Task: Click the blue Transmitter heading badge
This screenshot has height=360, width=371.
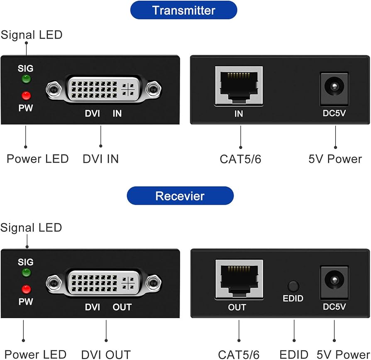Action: tap(183, 10)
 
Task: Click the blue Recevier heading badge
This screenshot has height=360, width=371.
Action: tap(180, 196)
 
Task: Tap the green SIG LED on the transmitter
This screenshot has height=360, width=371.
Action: tap(26, 79)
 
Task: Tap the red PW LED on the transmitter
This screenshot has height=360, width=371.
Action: tap(26, 96)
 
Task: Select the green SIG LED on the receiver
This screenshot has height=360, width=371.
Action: tap(26, 272)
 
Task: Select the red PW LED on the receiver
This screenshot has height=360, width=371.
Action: tap(26, 289)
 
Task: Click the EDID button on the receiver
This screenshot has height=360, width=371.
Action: tap(293, 286)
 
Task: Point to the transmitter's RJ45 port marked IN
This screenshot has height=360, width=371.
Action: tap(239, 86)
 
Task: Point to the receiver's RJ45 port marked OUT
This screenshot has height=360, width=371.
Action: tap(239, 279)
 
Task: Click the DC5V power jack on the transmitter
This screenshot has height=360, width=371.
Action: tap(334, 89)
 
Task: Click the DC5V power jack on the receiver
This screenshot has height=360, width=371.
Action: tap(334, 282)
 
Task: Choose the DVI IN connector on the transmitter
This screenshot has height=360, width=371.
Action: tap(104, 89)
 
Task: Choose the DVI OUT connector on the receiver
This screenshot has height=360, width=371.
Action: tap(104, 283)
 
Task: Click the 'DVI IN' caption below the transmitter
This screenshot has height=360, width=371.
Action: tap(101, 159)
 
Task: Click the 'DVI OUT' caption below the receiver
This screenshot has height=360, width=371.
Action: tap(106, 355)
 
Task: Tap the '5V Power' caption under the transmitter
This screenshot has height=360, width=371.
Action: tap(335, 159)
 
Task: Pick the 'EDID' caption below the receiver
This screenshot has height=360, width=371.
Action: tap(294, 355)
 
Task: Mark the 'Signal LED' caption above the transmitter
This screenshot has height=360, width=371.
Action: tap(32, 35)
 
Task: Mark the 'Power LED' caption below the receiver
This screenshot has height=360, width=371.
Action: tap(36, 355)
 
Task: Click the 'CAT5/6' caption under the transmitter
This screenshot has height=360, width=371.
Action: tap(240, 159)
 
